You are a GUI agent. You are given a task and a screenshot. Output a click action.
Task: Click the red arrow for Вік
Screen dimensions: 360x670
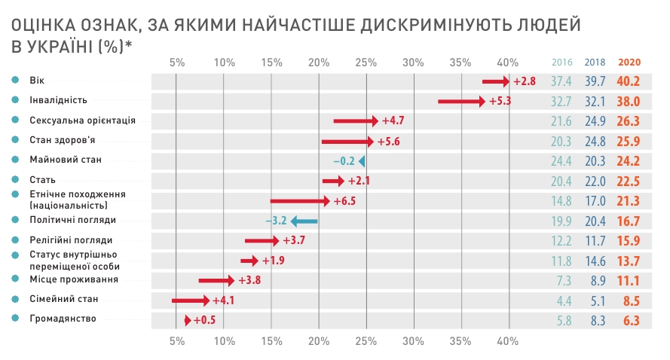[x=497, y=81]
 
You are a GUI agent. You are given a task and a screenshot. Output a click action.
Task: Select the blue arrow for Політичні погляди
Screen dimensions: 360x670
[x=304, y=221]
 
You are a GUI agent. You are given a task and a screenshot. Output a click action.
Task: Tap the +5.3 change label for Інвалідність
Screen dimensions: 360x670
[x=500, y=100]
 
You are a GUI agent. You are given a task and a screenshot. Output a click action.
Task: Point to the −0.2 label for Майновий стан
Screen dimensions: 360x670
[x=344, y=160]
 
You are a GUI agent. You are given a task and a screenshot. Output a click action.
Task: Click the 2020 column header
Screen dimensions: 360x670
[x=629, y=62]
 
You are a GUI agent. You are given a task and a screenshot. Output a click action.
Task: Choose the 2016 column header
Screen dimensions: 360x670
[x=562, y=62]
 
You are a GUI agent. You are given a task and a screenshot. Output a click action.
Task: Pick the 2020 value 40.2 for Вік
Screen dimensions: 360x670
[x=629, y=81]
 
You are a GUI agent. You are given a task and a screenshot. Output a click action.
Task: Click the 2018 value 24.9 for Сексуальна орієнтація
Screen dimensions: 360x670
[x=595, y=121]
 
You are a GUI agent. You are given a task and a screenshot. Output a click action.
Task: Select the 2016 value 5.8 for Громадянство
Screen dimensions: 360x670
[x=562, y=319]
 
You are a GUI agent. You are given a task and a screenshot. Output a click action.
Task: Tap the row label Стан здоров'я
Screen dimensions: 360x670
[x=63, y=140]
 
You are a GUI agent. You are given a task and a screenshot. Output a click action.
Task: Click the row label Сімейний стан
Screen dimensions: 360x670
[x=64, y=299]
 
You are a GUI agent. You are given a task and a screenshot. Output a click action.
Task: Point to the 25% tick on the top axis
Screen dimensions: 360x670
[x=366, y=62]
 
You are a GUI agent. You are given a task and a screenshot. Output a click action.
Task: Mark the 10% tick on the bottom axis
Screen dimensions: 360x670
[x=225, y=341]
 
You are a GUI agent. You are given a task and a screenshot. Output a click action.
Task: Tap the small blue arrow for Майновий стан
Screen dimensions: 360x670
[x=362, y=160]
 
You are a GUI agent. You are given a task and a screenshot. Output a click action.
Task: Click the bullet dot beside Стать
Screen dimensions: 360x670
[x=15, y=180]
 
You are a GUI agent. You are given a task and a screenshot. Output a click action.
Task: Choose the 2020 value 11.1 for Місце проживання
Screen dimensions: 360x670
[x=629, y=280]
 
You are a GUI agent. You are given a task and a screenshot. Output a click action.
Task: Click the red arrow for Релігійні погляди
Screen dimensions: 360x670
[x=262, y=240]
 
